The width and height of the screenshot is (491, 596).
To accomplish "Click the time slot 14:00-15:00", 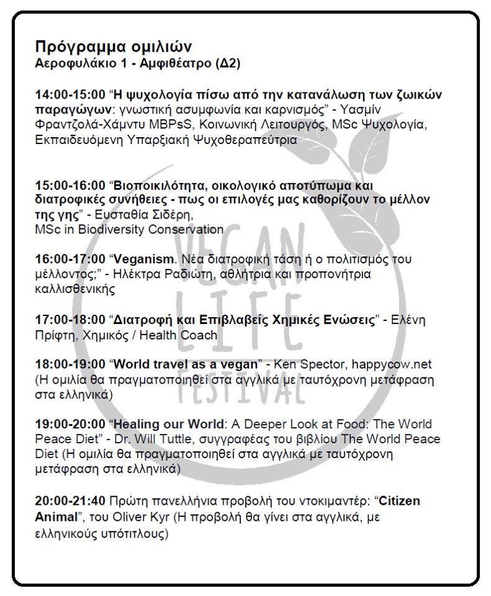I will click(70, 95).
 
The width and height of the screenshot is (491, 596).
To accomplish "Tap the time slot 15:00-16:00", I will click(70, 186).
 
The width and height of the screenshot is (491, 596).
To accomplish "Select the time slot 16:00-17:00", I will click(70, 259).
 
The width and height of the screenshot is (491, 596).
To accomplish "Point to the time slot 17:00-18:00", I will click(70, 320).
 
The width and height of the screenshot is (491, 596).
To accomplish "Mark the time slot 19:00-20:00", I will click(70, 424).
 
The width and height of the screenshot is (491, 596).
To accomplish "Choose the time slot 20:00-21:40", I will click(70, 500).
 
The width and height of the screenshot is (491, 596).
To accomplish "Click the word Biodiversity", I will click(119, 230).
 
